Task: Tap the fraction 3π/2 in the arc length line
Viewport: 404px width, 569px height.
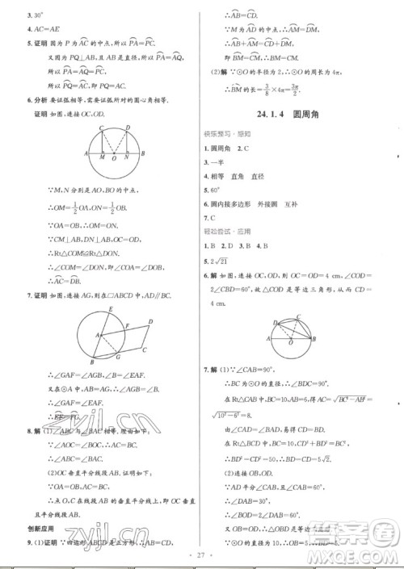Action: coord(318,92)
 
